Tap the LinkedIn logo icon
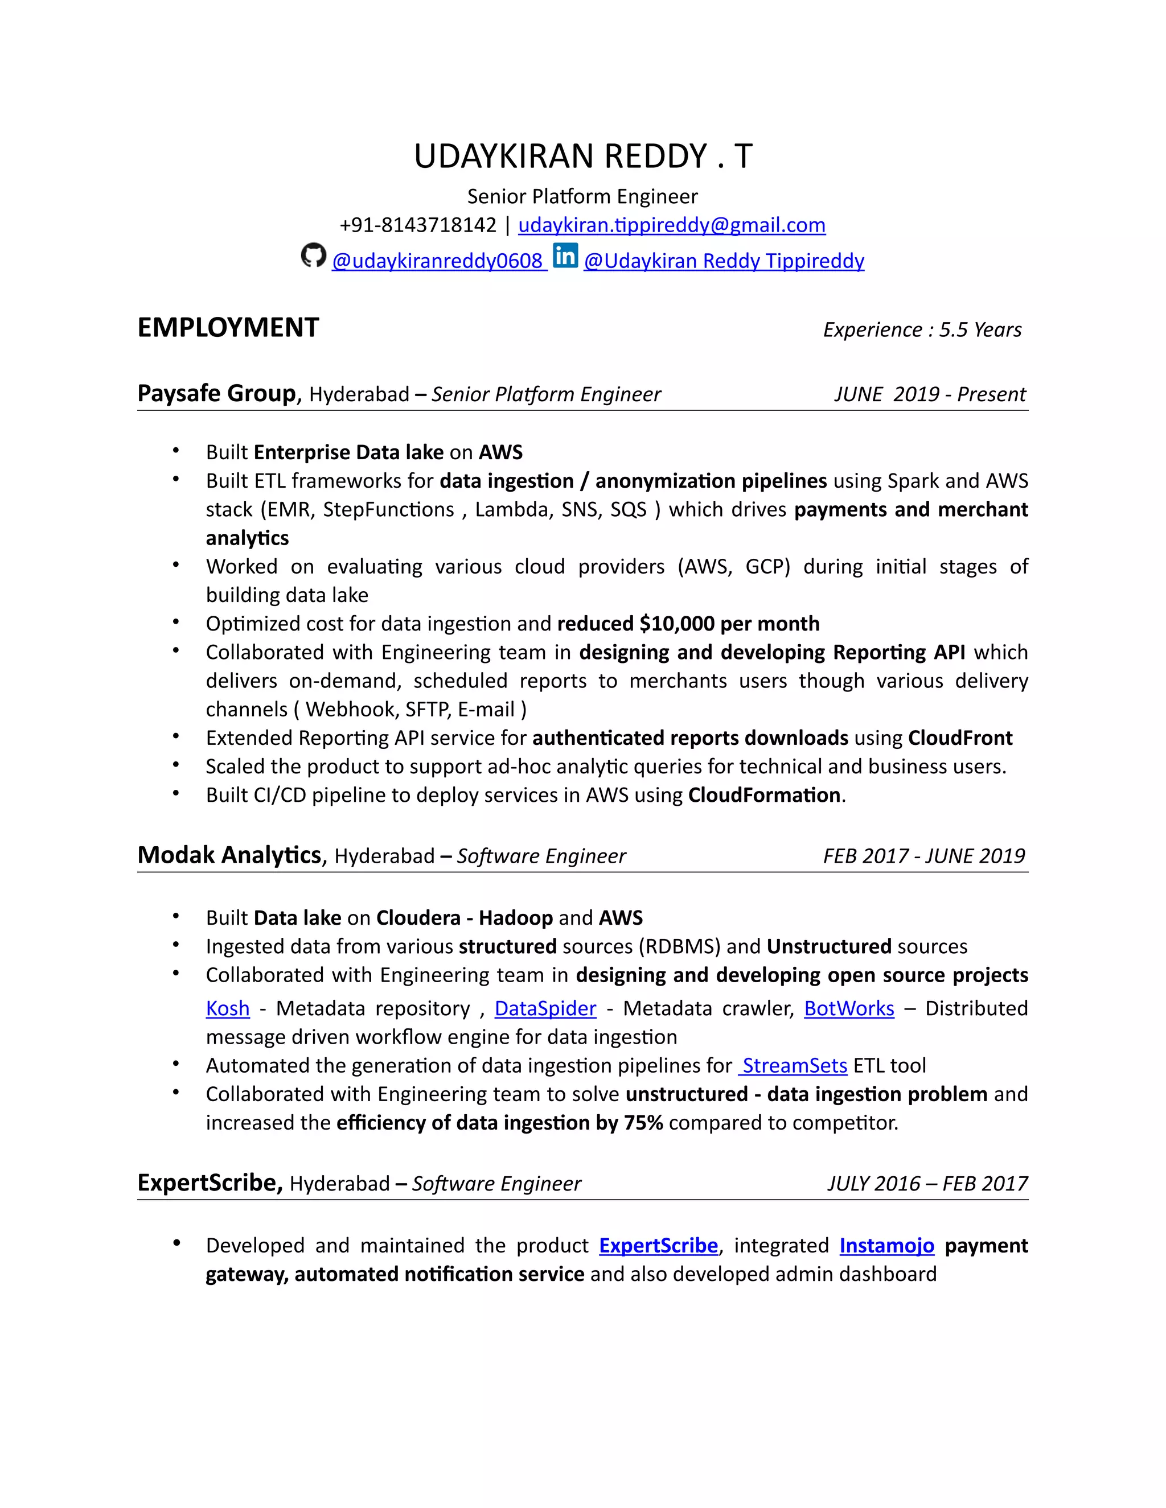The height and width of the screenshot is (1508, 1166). (x=565, y=256)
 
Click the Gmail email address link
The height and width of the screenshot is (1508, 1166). (x=671, y=225)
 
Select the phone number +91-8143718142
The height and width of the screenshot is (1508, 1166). (x=417, y=225)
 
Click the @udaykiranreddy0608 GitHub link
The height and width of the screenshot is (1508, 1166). (x=438, y=261)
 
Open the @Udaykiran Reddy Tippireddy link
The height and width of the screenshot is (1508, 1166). (x=723, y=261)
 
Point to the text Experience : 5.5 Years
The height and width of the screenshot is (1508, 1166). (x=922, y=330)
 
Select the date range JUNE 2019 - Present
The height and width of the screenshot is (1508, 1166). (x=929, y=394)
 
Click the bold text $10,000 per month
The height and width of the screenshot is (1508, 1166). (x=729, y=624)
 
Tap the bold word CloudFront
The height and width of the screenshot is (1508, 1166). (x=959, y=738)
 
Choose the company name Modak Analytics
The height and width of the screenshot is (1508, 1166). (x=229, y=855)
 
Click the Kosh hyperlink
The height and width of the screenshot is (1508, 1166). (x=227, y=1009)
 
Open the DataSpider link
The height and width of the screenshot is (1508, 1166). (x=545, y=1009)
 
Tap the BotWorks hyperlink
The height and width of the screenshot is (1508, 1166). (x=848, y=1009)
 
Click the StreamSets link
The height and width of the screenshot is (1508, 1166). (x=794, y=1066)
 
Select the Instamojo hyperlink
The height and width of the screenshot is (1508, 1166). (x=886, y=1246)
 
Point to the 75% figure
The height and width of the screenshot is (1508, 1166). (x=643, y=1123)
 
